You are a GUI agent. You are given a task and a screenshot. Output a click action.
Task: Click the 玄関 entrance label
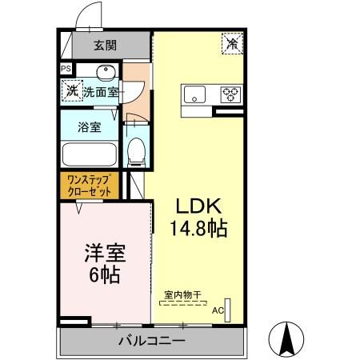pos(104,45)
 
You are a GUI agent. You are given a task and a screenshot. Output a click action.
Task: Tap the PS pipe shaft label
pos(66,70)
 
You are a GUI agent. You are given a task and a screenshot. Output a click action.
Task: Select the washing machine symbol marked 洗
pos(70,91)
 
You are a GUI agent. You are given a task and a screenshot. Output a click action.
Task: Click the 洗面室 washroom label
pos(100,93)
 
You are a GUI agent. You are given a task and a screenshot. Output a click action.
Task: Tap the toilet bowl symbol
pos(137,150)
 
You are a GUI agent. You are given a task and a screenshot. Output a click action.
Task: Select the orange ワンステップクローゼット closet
pos(89,186)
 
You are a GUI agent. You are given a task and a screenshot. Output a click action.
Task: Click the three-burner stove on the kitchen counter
pos(231,94)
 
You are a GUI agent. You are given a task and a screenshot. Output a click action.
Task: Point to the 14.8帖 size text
pos(198,227)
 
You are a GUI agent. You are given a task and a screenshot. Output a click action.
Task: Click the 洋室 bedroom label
pos(104,254)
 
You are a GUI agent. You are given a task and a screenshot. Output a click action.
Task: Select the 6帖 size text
pos(104,277)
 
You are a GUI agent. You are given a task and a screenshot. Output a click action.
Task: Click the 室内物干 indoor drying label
pos(182,294)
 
